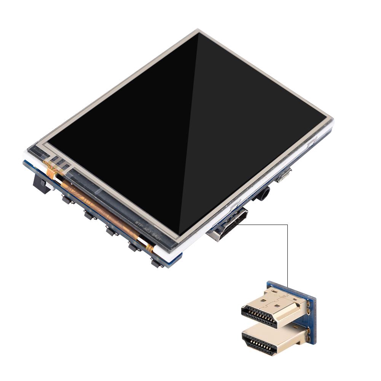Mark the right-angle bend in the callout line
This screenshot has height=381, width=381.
(287, 225)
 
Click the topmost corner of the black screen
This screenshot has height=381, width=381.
(198, 33)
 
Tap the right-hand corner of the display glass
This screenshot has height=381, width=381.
(328, 116)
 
